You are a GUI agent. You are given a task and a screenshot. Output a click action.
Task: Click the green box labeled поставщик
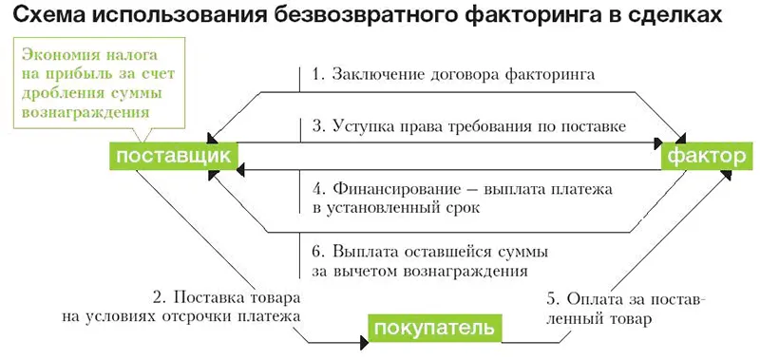(x=172, y=155)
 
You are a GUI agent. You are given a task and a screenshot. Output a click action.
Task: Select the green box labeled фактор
(x=707, y=155)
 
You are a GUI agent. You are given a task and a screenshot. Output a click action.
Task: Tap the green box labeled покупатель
(x=434, y=330)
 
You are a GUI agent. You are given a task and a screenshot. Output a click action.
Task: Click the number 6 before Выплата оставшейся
(x=316, y=253)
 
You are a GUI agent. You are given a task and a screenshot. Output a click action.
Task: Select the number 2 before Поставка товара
(x=158, y=295)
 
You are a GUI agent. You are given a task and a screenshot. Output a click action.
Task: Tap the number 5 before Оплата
(x=552, y=298)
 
